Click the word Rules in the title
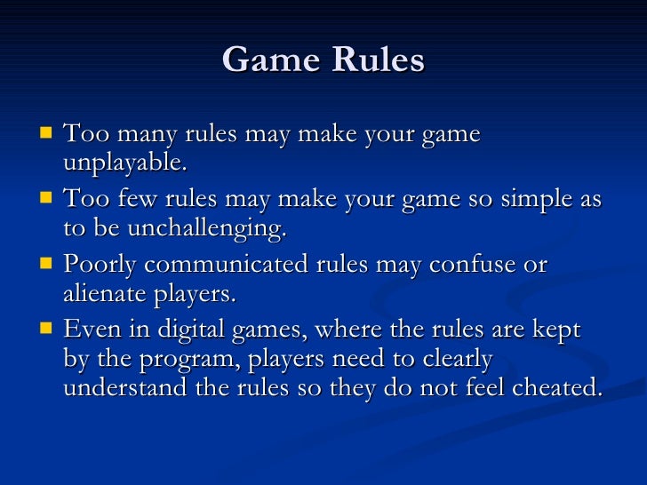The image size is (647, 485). point(378,60)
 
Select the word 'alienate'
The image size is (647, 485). point(103,295)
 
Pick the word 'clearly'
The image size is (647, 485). point(451,361)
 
